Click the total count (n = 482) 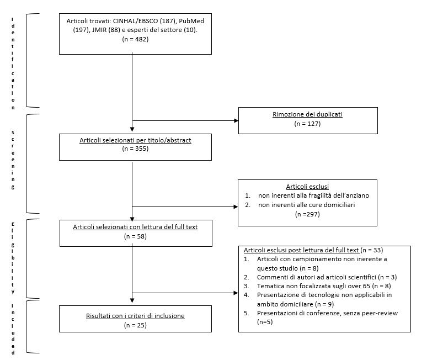tap(135, 39)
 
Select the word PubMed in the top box tap(191, 21)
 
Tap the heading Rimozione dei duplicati tap(307, 114)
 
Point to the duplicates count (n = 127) tap(307, 124)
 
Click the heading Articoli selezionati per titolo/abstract tap(135, 140)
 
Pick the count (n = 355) tap(135, 149)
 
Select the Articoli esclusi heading tap(307, 187)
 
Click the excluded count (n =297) tap(307, 214)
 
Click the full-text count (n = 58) tap(135, 236)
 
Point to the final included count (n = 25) tap(135, 325)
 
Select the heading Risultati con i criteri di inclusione tap(135, 316)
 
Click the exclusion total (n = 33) tap(372, 250)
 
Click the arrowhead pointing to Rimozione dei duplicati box tap(236, 120)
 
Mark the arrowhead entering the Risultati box tap(132, 300)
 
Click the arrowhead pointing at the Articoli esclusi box tap(236, 207)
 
